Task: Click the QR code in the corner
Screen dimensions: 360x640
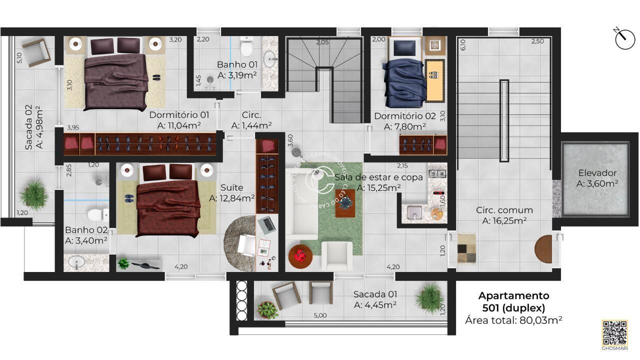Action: [614, 332]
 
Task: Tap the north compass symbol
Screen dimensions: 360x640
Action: [624, 39]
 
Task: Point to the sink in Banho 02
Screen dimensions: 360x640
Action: [77, 262]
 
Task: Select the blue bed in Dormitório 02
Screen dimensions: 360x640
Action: [403, 75]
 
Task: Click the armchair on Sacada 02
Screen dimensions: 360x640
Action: [36, 52]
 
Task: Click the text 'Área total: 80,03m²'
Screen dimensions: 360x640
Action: [513, 320]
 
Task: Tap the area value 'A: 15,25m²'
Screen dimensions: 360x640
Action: [378, 188]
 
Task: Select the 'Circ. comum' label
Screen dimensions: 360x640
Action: [504, 210]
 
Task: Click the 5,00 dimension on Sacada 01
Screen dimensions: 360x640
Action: [320, 315]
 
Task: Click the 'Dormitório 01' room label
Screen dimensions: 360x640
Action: [179, 115]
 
